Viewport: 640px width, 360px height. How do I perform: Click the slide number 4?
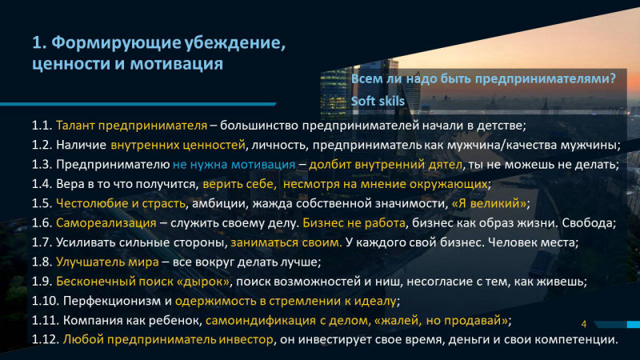pyautogui.click(x=584, y=324)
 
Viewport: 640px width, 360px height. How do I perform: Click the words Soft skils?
pyautogui.click(x=378, y=102)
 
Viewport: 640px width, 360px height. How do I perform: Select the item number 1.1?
pyautogui.click(x=42, y=126)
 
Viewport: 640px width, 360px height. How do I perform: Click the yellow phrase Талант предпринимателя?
pyautogui.click(x=131, y=126)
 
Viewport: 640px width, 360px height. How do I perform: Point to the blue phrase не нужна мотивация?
pyautogui.click(x=234, y=165)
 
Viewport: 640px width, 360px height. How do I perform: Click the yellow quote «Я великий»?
pyautogui.click(x=489, y=203)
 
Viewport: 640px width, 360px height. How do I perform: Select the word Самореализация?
pyautogui.click(x=106, y=223)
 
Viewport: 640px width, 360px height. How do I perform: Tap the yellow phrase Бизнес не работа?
pyautogui.click(x=354, y=223)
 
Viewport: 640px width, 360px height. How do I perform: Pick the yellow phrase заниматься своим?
pyautogui.click(x=286, y=242)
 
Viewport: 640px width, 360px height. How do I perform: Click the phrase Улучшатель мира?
pyautogui.click(x=107, y=262)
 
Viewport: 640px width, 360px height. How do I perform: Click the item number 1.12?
pyautogui.click(x=46, y=339)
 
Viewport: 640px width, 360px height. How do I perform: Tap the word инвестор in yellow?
pyautogui.click(x=246, y=340)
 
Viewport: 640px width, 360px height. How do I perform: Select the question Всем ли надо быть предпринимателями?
pyautogui.click(x=483, y=78)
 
